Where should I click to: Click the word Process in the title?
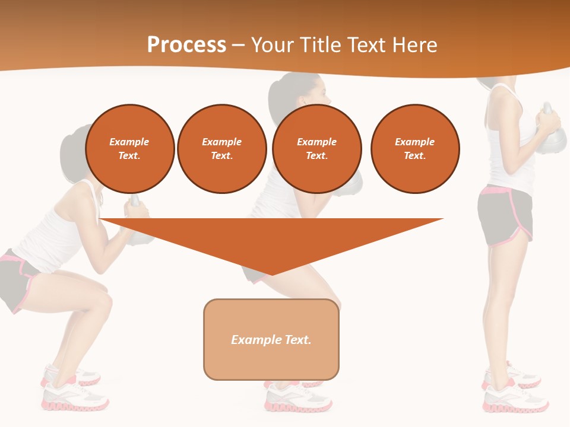pos(186,45)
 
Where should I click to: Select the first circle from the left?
pos(130,149)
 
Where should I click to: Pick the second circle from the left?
pos(222,149)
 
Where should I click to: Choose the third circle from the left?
pos(317,149)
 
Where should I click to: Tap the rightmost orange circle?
pos(415,149)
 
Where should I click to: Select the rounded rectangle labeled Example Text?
pos(271,339)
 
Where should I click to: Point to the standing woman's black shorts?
pos(505,216)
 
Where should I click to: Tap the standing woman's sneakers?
pos(514,391)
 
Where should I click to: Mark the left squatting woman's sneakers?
pos(74,391)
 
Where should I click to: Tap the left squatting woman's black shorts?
pos(18,279)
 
